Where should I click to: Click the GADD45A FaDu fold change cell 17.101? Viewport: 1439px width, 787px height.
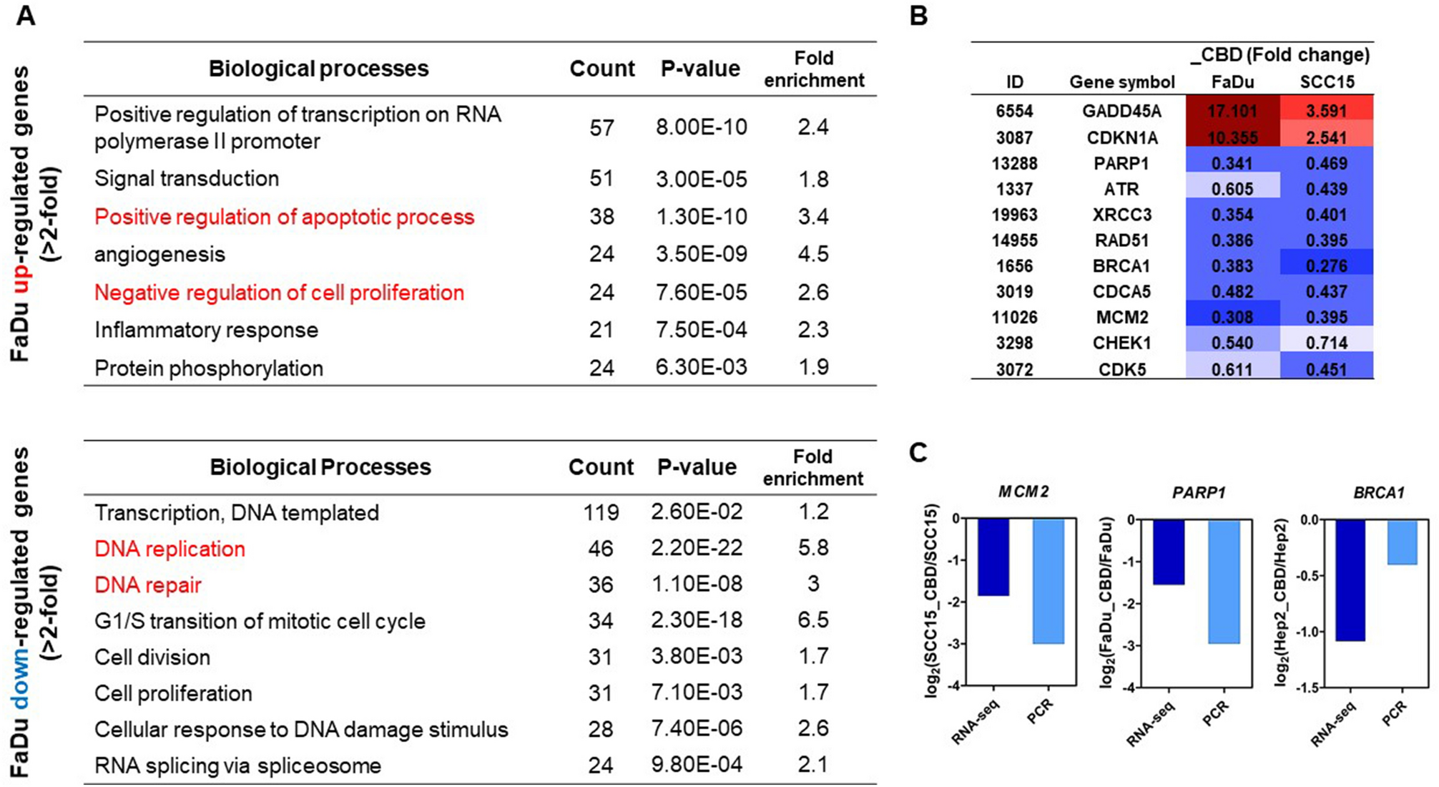1232,111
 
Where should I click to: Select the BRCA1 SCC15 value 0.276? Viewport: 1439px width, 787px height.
1326,265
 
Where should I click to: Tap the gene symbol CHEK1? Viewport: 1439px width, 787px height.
1121,343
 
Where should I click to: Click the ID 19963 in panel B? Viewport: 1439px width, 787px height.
1014,215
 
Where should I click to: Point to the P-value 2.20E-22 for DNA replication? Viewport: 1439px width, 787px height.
696,548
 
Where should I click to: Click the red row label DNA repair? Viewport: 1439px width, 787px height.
148,585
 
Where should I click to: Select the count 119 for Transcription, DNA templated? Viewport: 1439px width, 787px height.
600,512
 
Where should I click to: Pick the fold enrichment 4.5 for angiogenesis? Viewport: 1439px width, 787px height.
813,254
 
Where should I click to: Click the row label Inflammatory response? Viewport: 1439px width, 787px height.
206,330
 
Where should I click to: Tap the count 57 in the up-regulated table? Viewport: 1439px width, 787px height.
601,127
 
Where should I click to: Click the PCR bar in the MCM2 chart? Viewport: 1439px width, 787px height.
1048,581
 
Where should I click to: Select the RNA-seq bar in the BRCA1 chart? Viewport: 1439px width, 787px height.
1350,580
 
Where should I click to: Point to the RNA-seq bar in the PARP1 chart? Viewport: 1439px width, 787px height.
1168,552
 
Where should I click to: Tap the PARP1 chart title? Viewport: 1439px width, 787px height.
1199,492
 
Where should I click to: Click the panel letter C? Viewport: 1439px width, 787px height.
918,453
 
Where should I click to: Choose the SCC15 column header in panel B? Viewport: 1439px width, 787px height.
1327,82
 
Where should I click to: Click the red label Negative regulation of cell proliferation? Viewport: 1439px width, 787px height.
279,293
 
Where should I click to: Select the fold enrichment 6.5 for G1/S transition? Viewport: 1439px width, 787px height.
813,620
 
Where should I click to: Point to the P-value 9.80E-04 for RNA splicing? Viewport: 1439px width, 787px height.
696,765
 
